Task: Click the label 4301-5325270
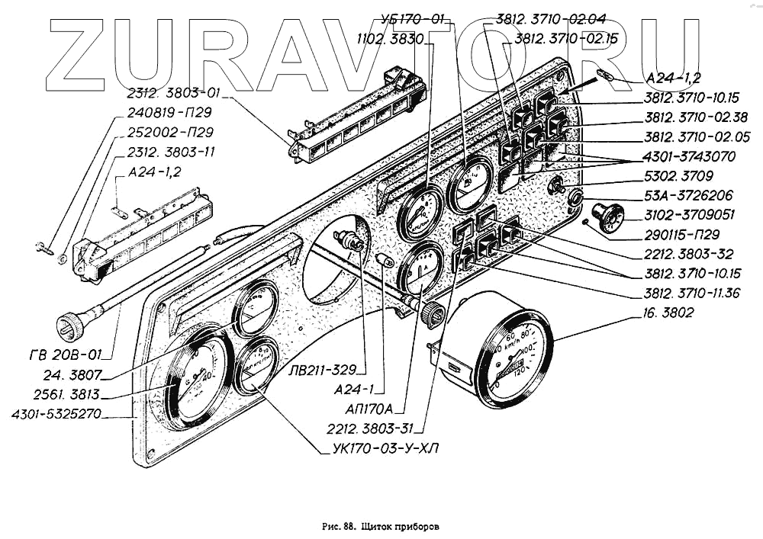click(58, 415)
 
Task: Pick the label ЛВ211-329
click(324, 371)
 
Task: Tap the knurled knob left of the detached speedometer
click(433, 313)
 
